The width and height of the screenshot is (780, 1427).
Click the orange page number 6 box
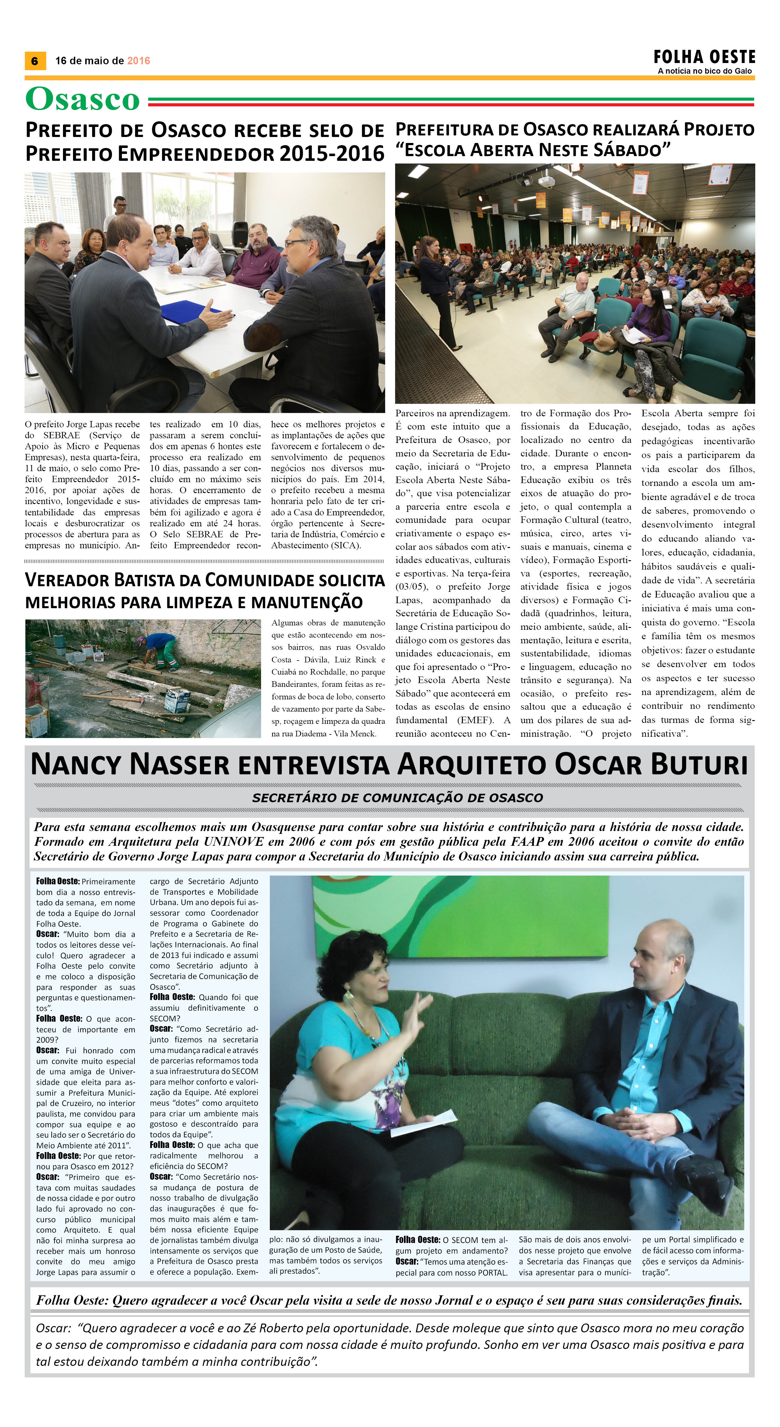(x=35, y=61)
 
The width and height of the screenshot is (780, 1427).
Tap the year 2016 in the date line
(x=139, y=61)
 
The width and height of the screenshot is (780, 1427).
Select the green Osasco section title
(x=82, y=100)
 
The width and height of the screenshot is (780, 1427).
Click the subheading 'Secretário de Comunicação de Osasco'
(x=397, y=798)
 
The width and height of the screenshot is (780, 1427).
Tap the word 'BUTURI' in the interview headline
(x=699, y=765)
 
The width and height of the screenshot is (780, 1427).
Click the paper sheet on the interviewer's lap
(x=423, y=1120)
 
